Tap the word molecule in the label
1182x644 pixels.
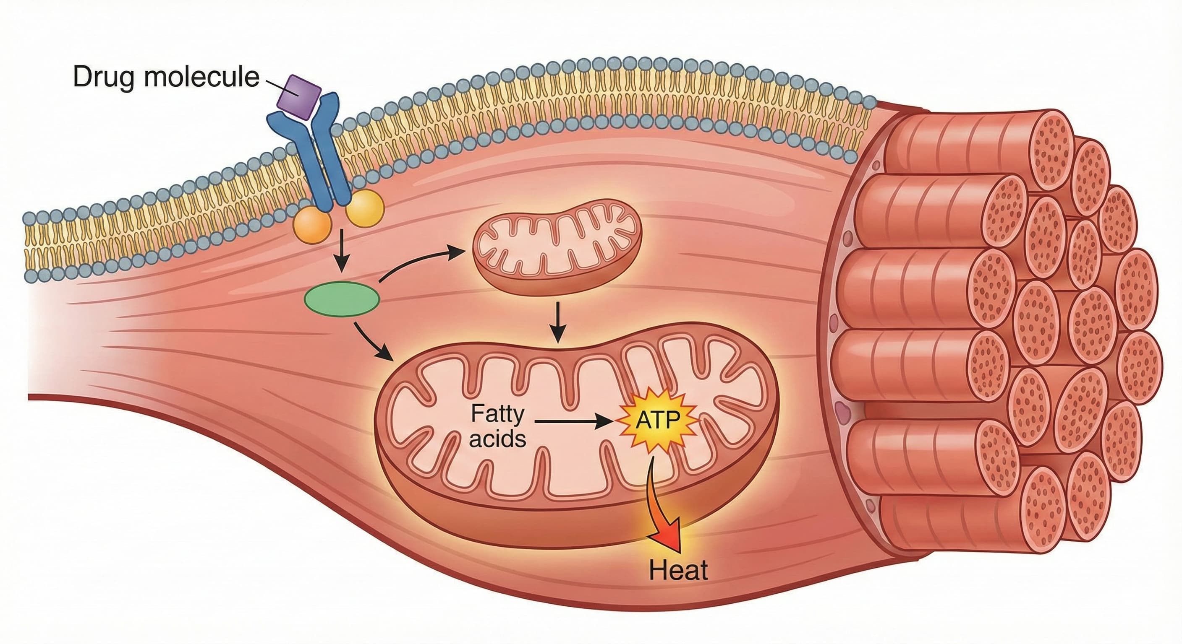click(202, 77)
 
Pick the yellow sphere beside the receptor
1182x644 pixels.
click(365, 208)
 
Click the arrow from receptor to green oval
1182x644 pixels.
click(340, 257)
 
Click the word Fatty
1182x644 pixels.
click(497, 414)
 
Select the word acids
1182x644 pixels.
click(497, 439)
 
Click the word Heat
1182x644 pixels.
click(678, 571)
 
